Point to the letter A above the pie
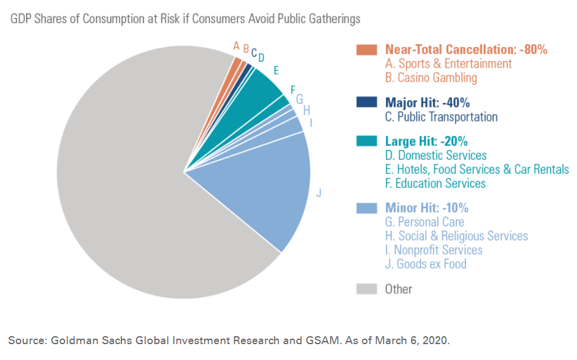236,45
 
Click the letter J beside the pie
318,193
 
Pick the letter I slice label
311,123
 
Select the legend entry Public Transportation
441,117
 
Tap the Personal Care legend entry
425,222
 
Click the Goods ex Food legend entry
426,264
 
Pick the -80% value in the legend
534,50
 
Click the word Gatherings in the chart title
333,19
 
